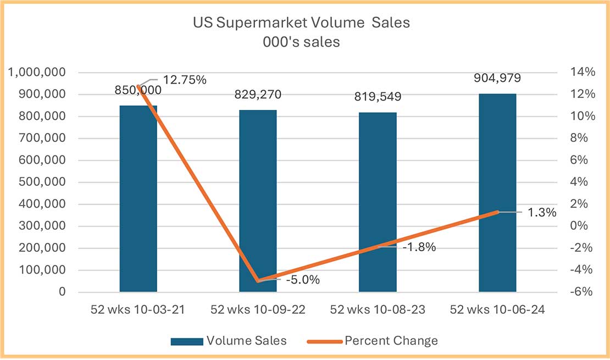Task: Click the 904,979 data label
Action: point(497,77)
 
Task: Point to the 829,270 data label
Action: point(258,95)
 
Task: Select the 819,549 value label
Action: point(378,97)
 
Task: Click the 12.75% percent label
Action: point(185,80)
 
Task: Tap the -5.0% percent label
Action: point(302,280)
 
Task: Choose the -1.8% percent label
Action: point(419,247)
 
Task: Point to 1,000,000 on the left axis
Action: point(42,73)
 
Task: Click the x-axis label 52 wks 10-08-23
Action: point(378,310)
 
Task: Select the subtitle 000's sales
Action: point(301,42)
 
